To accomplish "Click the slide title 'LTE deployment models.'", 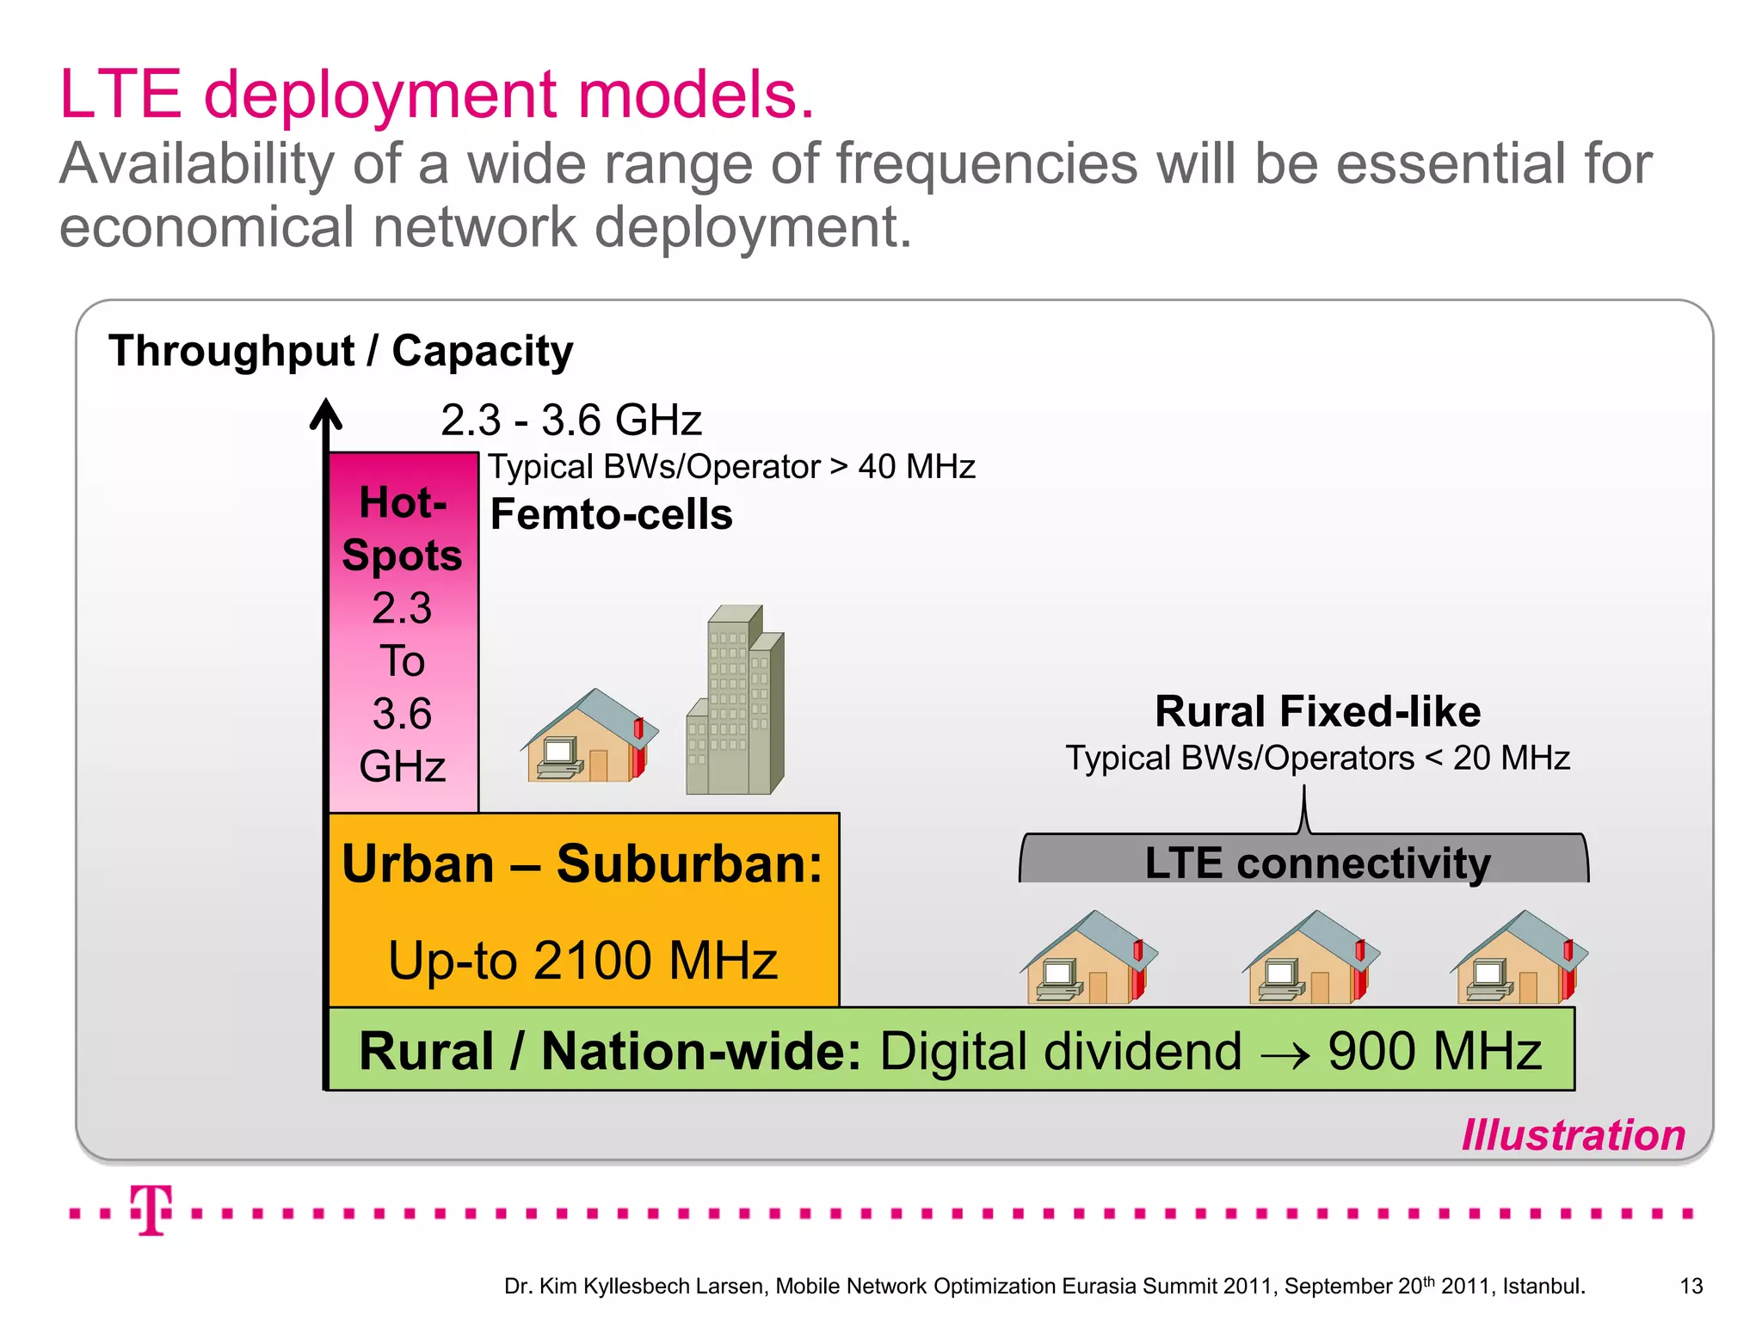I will click(x=436, y=95).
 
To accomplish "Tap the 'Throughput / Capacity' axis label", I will click(x=341, y=351).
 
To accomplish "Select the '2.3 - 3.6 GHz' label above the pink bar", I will click(x=571, y=421).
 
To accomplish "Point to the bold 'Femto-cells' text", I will click(x=611, y=515).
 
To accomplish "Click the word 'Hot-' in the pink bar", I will click(x=403, y=502).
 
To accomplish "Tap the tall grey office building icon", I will click(x=736, y=701).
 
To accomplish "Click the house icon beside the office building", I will click(x=589, y=737).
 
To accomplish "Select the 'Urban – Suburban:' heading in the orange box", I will click(x=582, y=863).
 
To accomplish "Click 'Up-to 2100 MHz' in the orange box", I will click(x=582, y=961).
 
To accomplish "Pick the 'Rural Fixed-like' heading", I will click(x=1317, y=712).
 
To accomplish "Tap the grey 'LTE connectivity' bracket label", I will click(x=1317, y=863).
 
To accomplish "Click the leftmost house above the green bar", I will click(x=1088, y=959).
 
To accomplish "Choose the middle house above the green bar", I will click(x=1310, y=959).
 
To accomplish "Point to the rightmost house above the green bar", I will click(x=1519, y=959).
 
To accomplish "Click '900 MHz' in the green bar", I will click(x=1434, y=1051).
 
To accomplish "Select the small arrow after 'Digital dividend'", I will click(x=1285, y=1054).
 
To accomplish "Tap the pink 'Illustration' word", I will click(x=1574, y=1135).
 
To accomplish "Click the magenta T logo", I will click(x=151, y=1210).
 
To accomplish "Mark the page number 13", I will click(x=1691, y=1287).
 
